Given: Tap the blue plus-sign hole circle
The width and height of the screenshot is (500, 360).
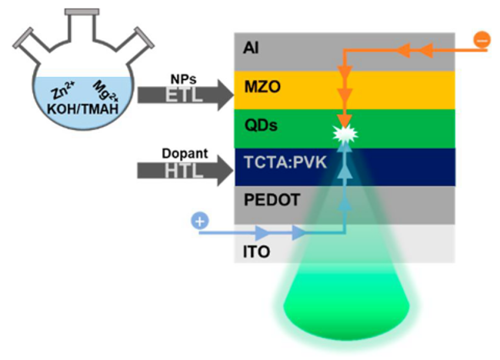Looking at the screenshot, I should [x=199, y=222].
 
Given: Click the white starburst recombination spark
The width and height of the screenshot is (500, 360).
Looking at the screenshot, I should [x=345, y=135].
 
